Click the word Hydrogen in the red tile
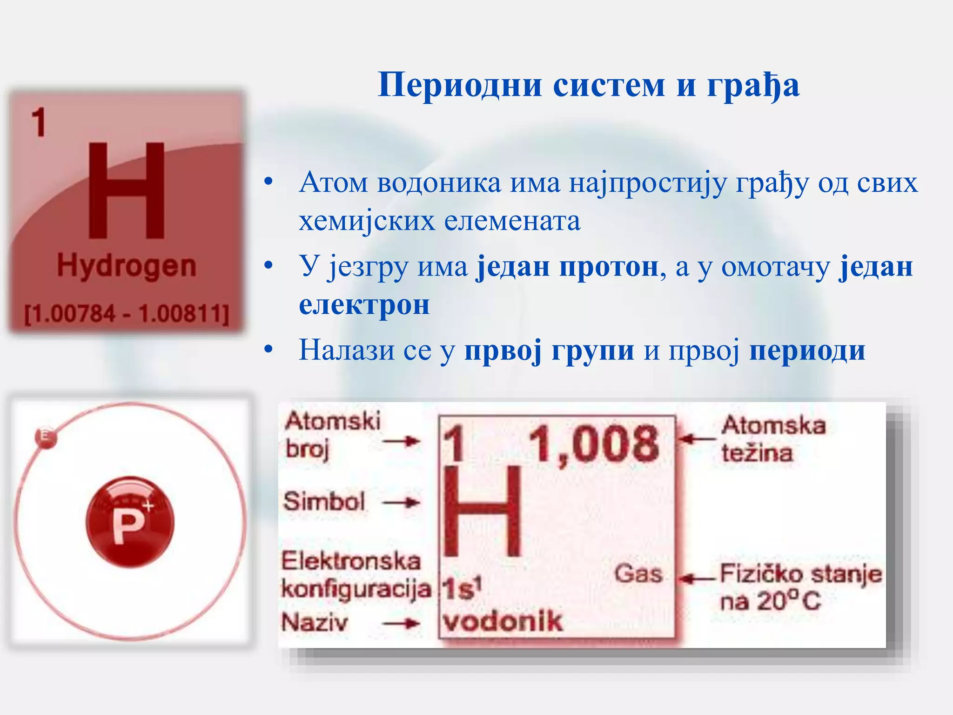coord(127,266)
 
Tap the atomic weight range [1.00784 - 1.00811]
coord(127,314)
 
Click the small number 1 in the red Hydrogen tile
coord(40,122)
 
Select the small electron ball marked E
coord(46,438)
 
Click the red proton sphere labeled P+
coord(130,522)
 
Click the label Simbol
coord(324,502)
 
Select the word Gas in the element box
coord(638,573)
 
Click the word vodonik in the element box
coord(503,622)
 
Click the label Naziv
coord(315,622)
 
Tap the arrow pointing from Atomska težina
coord(697,438)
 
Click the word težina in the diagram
coord(757,453)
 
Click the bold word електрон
coord(364,305)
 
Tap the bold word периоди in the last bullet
coord(807,350)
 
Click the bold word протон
coord(609,267)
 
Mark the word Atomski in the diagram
coord(333,421)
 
